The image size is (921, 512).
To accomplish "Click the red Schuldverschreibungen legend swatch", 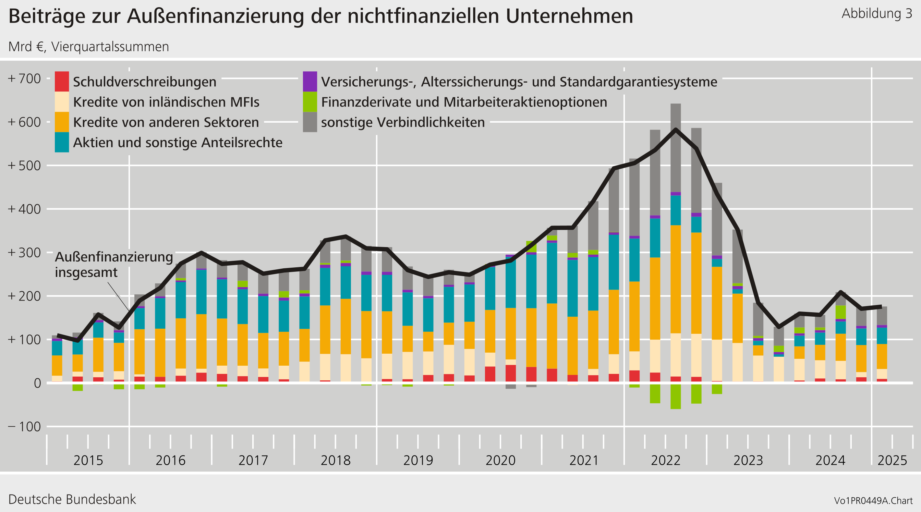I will pyautogui.click(x=61, y=82).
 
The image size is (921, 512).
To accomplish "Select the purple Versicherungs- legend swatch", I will pyautogui.click(x=310, y=82).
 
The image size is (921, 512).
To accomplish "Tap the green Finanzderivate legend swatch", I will pyautogui.click(x=310, y=102).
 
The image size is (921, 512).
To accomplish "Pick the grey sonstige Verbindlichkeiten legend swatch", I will pyautogui.click(x=310, y=122).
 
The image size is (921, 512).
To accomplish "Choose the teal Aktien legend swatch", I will pyautogui.click(x=61, y=142).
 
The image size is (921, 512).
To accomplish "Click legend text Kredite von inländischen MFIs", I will pyautogui.click(x=166, y=102).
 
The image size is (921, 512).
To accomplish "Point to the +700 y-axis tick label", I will pyautogui.click(x=24, y=79).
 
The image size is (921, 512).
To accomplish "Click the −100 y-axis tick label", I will pyautogui.click(x=24, y=427).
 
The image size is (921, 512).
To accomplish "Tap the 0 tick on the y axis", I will pyautogui.click(x=37, y=383).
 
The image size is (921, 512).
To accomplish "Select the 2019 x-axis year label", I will pyautogui.click(x=418, y=460).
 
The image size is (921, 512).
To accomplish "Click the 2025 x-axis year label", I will pyautogui.click(x=892, y=460).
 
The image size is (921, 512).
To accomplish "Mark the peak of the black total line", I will pyautogui.click(x=675, y=130).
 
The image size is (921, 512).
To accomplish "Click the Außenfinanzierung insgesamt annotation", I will pyautogui.click(x=113, y=265).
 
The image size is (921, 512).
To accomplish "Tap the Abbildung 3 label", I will pyautogui.click(x=877, y=14).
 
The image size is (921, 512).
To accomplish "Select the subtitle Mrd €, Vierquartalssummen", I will pyautogui.click(x=88, y=47).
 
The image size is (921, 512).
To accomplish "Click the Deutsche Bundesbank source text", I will pyautogui.click(x=72, y=499).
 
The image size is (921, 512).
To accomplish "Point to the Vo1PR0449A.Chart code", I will pyautogui.click(x=873, y=501).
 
